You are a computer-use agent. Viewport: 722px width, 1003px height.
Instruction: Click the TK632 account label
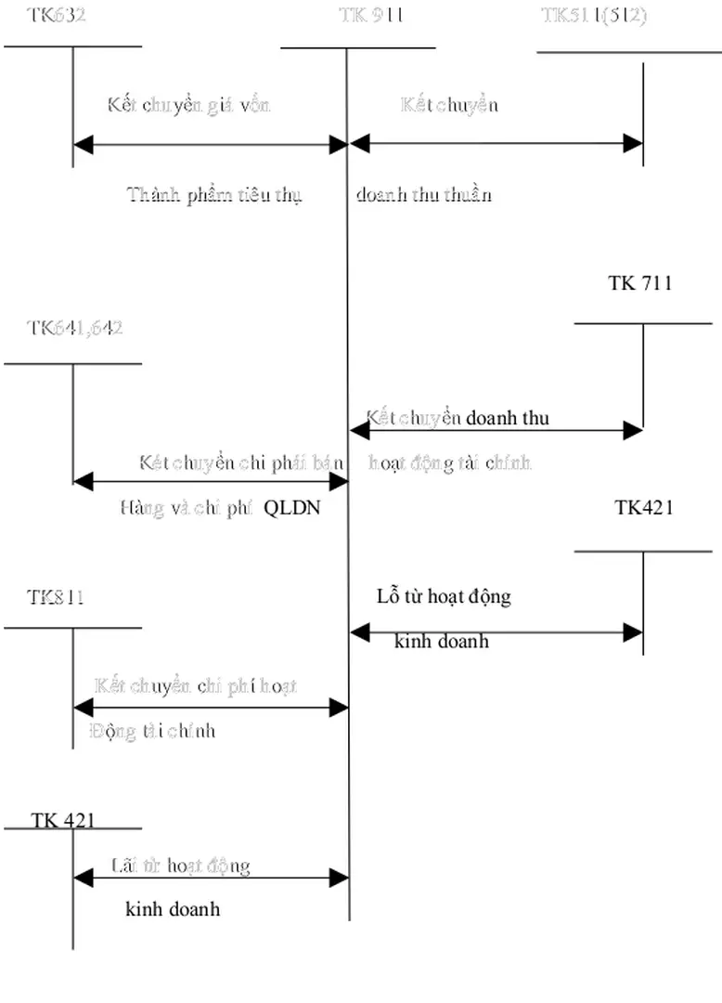coord(56,15)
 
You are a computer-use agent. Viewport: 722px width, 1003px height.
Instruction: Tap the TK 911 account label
coord(371,15)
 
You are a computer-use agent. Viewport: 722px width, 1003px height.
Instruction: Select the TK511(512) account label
coord(594,15)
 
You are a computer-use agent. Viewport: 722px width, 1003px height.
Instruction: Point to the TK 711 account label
coord(639,283)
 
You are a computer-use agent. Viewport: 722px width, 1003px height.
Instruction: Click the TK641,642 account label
coord(74,327)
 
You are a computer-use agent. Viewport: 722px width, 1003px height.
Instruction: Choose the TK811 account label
coord(55,597)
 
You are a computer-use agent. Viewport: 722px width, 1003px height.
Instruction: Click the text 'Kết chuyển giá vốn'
coord(188,104)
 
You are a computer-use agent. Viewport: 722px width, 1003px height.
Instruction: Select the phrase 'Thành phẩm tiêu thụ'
coord(214,194)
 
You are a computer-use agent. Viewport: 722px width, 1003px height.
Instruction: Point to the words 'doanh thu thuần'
coord(424,194)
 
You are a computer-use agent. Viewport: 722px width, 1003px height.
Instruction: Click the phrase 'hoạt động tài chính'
coord(450,462)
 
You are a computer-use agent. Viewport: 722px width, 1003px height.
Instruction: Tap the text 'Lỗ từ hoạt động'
coord(444,596)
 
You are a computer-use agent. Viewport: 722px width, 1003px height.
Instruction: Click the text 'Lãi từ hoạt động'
coord(180,866)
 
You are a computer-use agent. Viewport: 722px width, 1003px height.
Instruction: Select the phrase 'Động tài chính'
coord(152,731)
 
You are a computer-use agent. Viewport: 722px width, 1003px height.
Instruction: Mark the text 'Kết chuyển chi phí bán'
coord(242,462)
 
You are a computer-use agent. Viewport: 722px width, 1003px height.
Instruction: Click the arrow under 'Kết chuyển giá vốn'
coord(210,144)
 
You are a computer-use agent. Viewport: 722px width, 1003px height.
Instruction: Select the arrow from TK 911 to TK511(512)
coord(496,143)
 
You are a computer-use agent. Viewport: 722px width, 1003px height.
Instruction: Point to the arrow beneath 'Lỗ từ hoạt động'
coord(496,632)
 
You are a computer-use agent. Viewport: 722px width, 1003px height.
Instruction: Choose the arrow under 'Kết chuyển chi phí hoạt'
coord(210,708)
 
